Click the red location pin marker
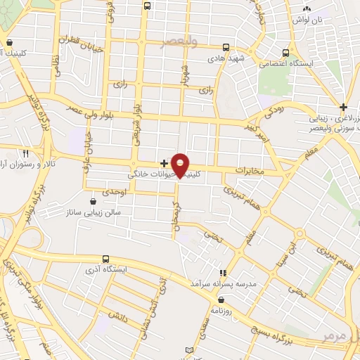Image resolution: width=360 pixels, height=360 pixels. pos(181,165)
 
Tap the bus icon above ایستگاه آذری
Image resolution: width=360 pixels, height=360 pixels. pos(105,259)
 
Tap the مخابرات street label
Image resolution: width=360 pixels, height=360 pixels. pos(249,171)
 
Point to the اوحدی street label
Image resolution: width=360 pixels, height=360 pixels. pos(114,191)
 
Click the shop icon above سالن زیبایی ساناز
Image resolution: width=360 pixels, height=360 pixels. pos(93,201)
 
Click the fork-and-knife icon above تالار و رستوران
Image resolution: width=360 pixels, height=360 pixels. pos(26,152)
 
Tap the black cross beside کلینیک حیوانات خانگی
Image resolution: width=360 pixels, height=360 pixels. pos(164,163)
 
